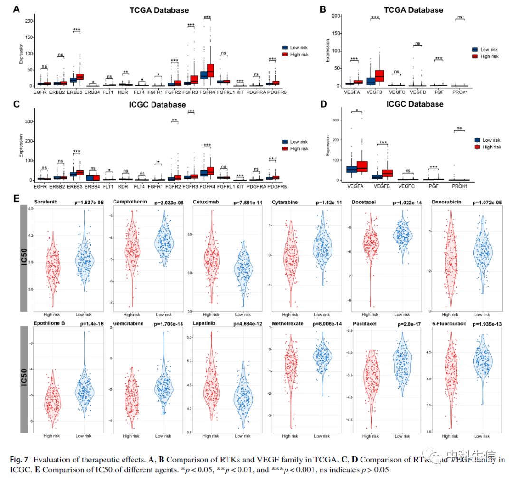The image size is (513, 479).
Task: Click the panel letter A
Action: tap(17, 9)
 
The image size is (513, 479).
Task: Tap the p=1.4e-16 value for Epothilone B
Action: tap(86, 324)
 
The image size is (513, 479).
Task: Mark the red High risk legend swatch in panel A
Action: tap(285, 55)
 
